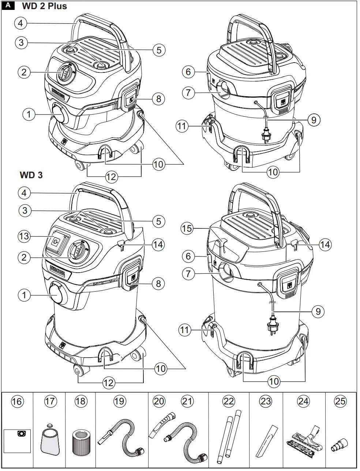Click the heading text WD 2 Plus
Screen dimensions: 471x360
pyautogui.click(x=44, y=6)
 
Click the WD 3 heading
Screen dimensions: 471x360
pyautogui.click(x=31, y=175)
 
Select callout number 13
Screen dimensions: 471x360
pyautogui.click(x=24, y=236)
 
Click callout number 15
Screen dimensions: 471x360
pyautogui.click(x=187, y=229)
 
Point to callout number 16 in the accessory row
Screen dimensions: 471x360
pyautogui.click(x=17, y=401)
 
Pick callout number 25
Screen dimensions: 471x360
pyautogui.click(x=340, y=401)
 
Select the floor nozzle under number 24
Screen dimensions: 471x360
pyautogui.click(x=303, y=439)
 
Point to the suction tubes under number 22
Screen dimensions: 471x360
pyautogui.click(x=229, y=436)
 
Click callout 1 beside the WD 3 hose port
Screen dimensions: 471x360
pyautogui.click(x=24, y=295)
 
